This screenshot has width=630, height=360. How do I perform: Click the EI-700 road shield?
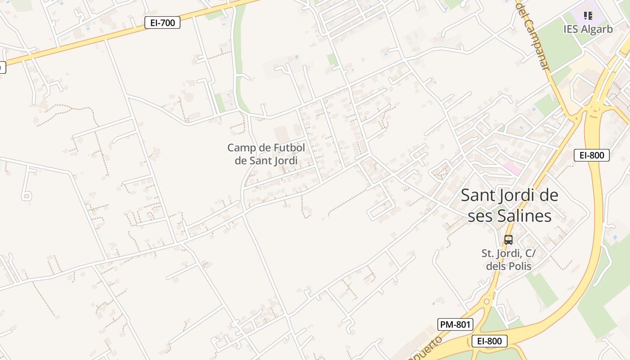click(162, 22)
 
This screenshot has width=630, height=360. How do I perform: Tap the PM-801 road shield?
click(455, 324)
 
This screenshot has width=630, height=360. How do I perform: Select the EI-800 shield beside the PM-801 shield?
click(489, 341)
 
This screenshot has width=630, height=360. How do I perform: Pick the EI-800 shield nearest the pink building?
click(591, 155)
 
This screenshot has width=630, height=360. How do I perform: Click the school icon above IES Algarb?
click(588, 16)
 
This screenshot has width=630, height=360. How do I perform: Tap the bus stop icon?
click(508, 240)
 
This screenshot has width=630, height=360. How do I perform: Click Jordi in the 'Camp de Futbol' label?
click(283, 160)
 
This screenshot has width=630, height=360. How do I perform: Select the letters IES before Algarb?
click(570, 29)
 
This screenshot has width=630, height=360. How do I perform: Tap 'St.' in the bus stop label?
click(488, 253)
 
